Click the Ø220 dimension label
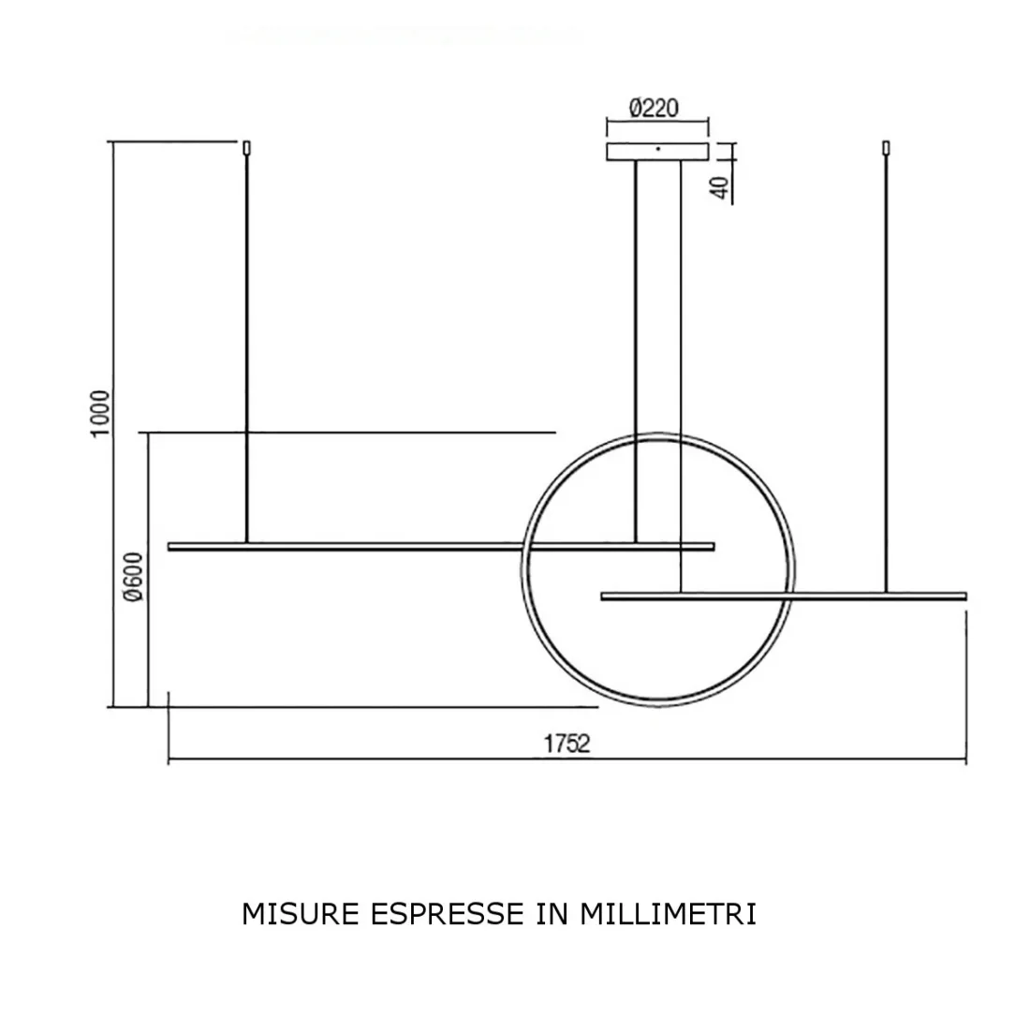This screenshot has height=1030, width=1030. pos(654,109)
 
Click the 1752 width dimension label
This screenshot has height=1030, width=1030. pos(566,744)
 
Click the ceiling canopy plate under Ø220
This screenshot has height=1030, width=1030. pos(657,152)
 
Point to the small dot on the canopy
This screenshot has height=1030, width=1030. pos(657,148)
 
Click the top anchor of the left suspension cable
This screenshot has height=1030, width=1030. pos(246,147)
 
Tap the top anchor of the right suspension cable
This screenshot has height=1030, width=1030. pos(886,147)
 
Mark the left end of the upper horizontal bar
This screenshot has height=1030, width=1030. pos(170,546)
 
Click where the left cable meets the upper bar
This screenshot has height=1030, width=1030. pos(246,542)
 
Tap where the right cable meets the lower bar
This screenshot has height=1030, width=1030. pos(886,591)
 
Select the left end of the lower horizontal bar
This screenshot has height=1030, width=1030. pos(604,595)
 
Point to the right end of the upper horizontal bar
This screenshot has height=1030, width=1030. pos(713,546)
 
